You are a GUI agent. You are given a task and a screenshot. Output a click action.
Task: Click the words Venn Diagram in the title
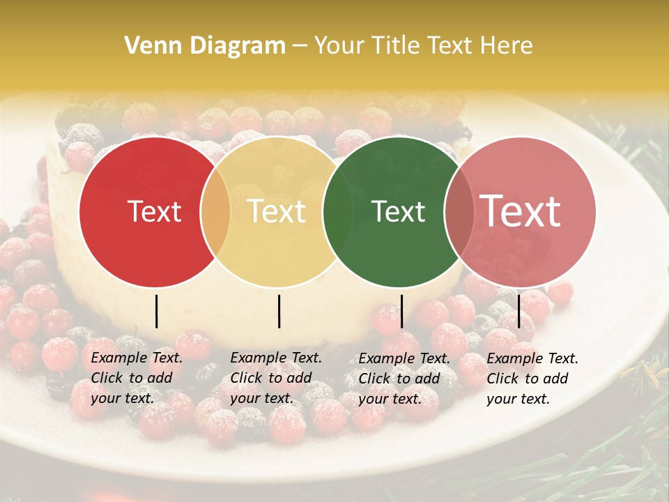(205, 46)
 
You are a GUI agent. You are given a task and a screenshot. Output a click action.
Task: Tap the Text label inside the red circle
(154, 212)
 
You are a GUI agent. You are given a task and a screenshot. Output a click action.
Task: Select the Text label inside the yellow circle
(277, 211)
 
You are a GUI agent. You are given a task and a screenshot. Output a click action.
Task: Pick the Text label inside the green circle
(399, 212)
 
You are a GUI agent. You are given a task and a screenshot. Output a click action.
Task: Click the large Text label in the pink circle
(521, 211)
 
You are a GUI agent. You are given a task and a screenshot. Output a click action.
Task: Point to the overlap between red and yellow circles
(215, 212)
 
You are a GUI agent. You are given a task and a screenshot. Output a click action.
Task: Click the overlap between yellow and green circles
(338, 212)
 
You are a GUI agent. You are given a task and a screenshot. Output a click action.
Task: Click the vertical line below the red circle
(156, 311)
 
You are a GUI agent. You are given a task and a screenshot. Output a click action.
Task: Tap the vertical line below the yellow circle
(279, 311)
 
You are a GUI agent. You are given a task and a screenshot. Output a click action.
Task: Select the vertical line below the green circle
(401, 311)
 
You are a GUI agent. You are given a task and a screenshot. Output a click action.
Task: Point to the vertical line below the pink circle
(519, 311)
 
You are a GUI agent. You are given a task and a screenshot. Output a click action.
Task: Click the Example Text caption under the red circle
(137, 378)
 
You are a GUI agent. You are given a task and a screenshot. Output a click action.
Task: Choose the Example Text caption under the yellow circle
(276, 378)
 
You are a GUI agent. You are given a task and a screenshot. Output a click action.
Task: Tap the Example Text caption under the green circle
(404, 378)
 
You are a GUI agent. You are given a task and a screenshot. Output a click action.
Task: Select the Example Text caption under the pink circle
(532, 378)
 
